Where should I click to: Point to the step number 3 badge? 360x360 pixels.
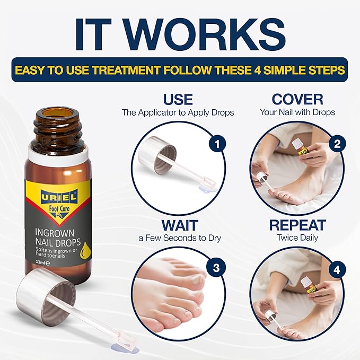point(215,267)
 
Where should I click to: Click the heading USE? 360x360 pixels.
point(178,99)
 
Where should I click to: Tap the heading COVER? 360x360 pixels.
point(297,99)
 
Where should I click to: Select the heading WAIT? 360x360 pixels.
point(178,224)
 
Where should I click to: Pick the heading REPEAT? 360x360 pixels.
point(297,224)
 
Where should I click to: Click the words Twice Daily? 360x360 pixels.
point(297,238)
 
